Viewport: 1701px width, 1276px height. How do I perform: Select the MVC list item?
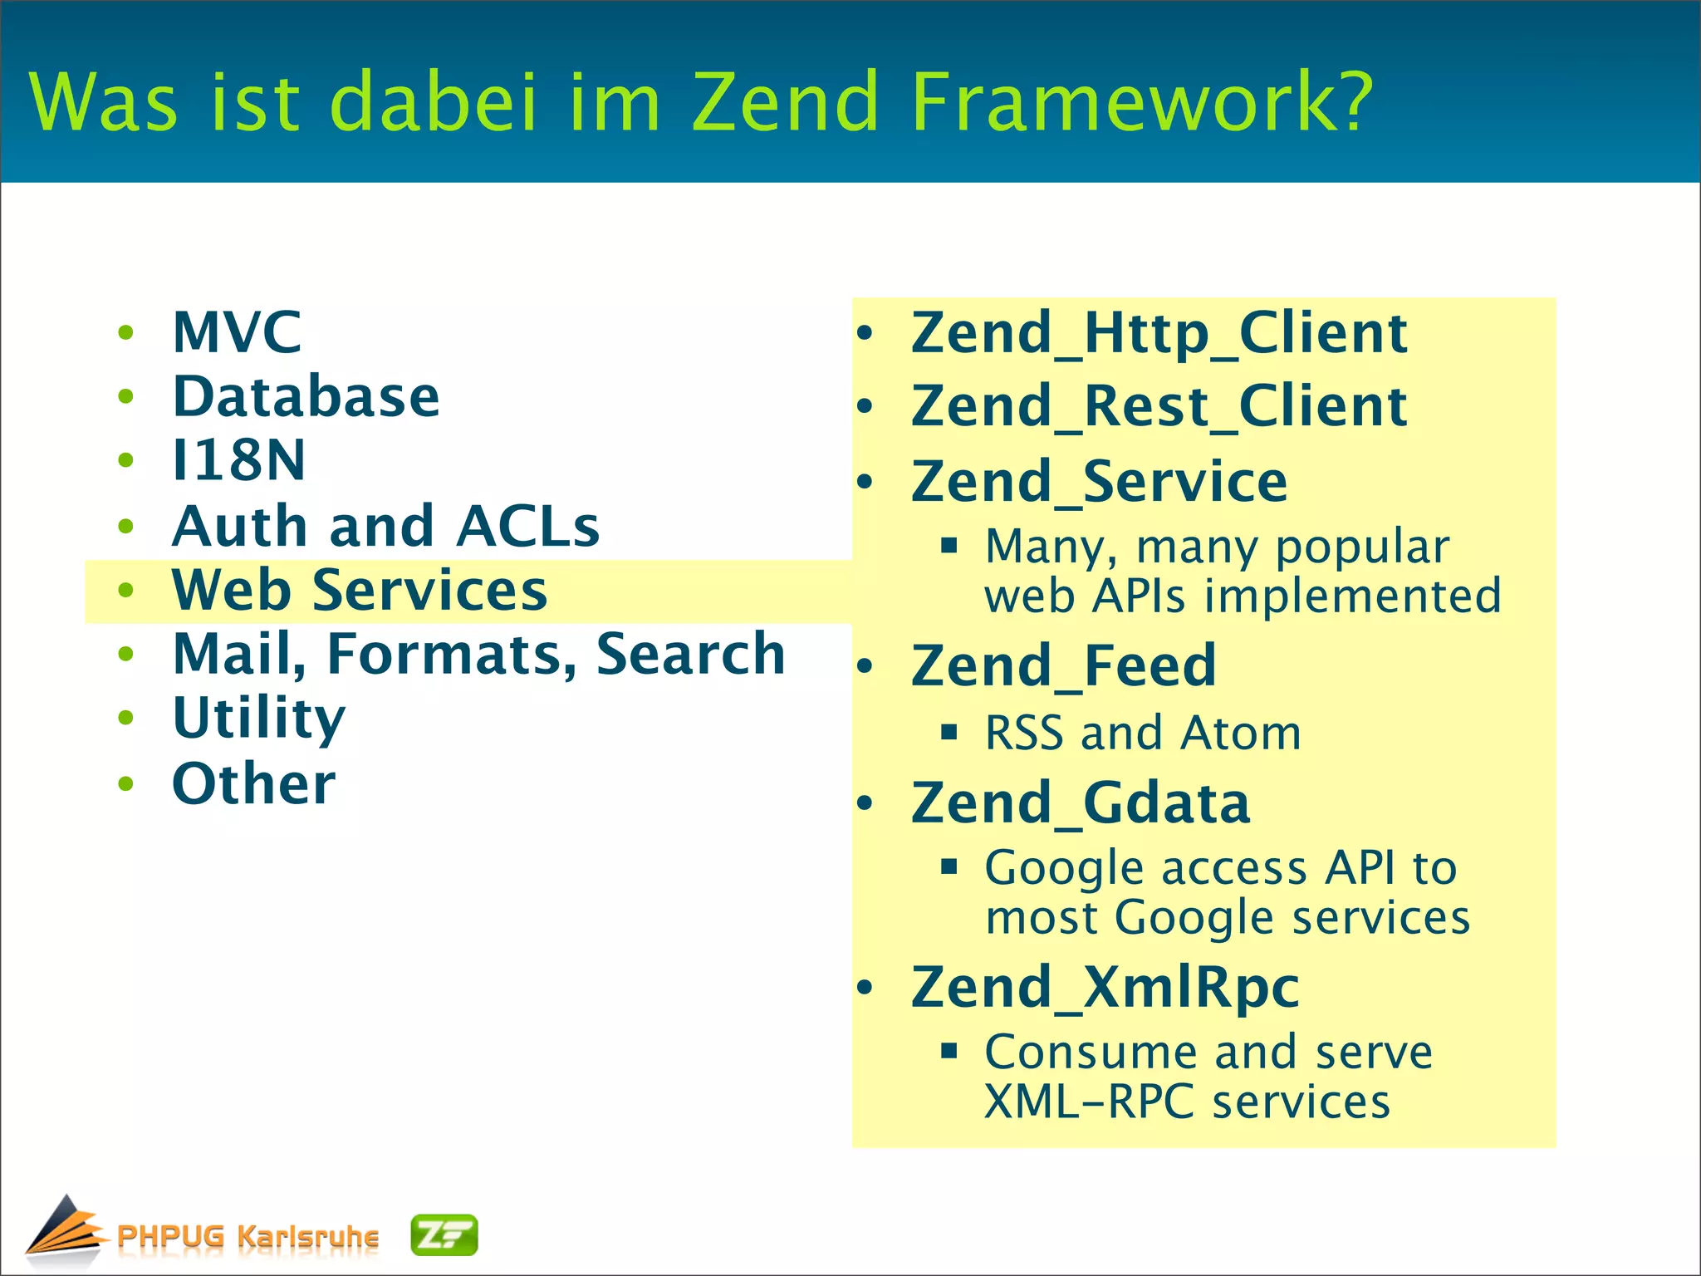pos(237,332)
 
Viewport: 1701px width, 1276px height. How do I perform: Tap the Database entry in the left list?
pos(306,396)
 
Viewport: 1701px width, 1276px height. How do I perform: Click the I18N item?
pos(238,460)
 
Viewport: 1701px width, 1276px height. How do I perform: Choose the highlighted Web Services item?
pos(359,590)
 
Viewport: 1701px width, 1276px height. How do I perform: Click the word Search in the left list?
pos(690,654)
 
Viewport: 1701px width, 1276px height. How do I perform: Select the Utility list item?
pos(258,719)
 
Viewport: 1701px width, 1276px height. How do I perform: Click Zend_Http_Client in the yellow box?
pos(1159,333)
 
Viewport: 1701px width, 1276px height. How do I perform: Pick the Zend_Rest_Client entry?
pos(1159,406)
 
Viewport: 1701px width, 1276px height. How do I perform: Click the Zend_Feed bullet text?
pos(1063,665)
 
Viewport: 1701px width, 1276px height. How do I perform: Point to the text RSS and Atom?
pos(1142,733)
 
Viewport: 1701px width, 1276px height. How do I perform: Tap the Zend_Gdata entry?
pos(1080,802)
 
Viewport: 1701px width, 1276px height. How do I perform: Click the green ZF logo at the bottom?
pos(444,1235)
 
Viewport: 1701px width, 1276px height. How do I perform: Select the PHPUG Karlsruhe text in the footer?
pos(248,1236)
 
